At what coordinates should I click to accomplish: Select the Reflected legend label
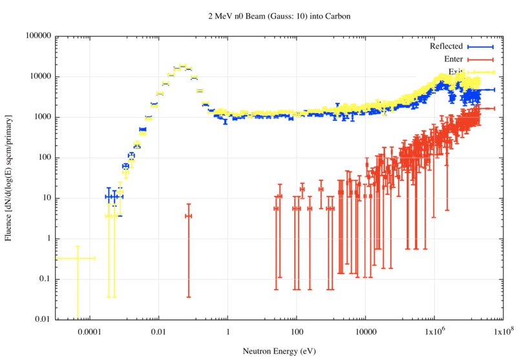pyautogui.click(x=446, y=47)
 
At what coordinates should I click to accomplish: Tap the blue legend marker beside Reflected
pyautogui.click(x=480, y=47)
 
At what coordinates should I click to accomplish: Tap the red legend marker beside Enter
pyautogui.click(x=480, y=59)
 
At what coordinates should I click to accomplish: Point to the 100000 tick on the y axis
pyautogui.click(x=38, y=36)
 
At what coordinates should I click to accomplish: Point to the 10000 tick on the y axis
pyautogui.click(x=40, y=76)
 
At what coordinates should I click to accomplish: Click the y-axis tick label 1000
pyautogui.click(x=42, y=117)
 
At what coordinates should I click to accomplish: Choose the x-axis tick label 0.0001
pyautogui.click(x=89, y=332)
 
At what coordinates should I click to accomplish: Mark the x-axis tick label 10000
pyautogui.click(x=365, y=332)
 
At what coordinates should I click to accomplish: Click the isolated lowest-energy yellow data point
pyautogui.click(x=77, y=259)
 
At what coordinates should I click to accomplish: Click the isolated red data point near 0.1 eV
pyautogui.click(x=189, y=216)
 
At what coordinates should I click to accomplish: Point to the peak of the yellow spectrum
pyautogui.click(x=182, y=66)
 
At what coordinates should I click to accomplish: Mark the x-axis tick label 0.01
pyautogui.click(x=158, y=332)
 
